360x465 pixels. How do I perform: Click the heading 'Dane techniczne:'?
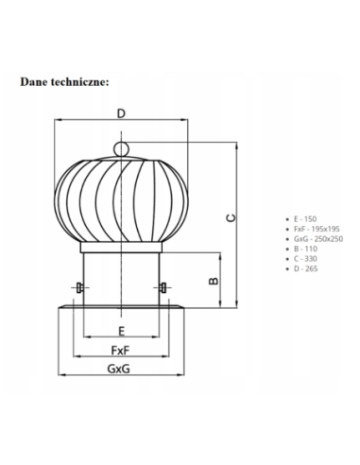pos(64,82)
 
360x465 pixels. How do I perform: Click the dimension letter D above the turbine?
pos(121,113)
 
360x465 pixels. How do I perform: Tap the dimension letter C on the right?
pos(231,217)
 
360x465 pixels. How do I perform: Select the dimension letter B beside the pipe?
pos(214,281)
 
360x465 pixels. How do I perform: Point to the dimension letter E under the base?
pos(122,331)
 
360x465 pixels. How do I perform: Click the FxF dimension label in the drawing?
pos(120,351)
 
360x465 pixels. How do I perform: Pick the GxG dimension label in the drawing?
pos(119,369)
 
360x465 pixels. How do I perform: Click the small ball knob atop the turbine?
pos(121,148)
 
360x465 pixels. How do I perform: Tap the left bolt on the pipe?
pos(79,287)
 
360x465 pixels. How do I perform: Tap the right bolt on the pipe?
pos(163,287)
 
